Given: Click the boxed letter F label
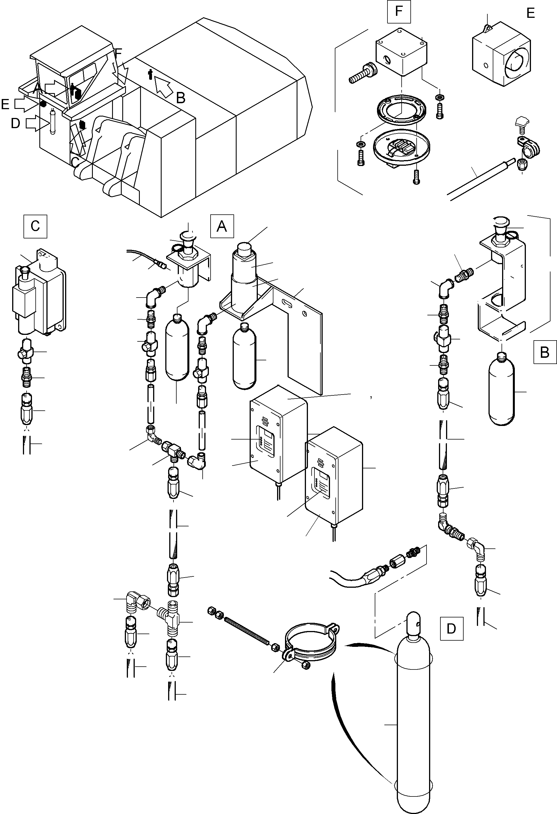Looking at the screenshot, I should (399, 12).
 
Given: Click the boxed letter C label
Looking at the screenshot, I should (35, 226).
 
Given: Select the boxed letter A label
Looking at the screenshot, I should (222, 226).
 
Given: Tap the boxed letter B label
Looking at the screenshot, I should (545, 352).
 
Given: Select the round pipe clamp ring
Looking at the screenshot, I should (311, 641).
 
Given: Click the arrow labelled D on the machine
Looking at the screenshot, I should (36, 123).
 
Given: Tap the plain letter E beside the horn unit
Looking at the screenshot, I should (531, 13).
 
